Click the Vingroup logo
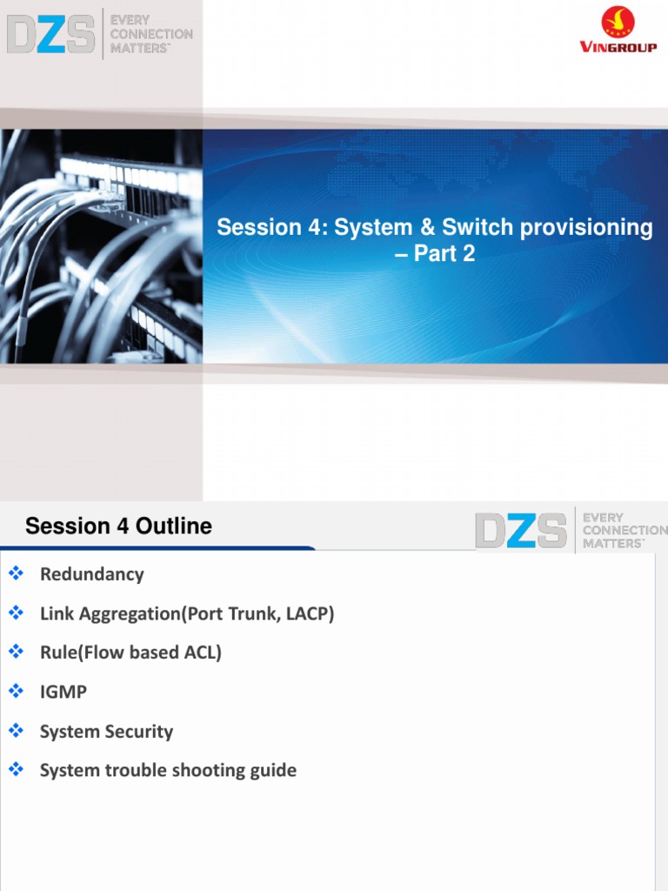coord(618,31)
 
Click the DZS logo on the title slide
coord(51,33)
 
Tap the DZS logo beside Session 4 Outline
coord(521,530)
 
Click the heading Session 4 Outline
coord(118,526)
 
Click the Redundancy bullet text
coord(91,574)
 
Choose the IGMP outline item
coord(63,692)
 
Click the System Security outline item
coord(106,732)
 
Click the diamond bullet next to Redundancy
coord(15,573)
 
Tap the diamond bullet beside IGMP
coord(15,691)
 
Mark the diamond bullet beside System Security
coord(15,731)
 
